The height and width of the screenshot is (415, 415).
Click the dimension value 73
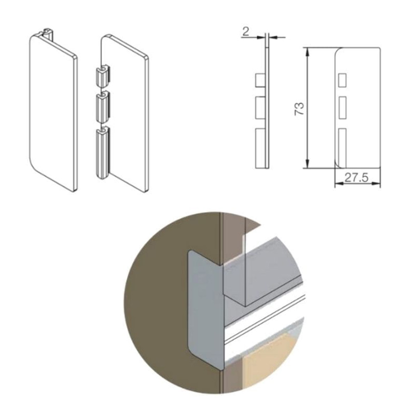pyautogui.click(x=299, y=108)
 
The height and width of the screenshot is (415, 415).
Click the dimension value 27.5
pyautogui.click(x=356, y=177)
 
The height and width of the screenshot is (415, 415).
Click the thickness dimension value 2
pyautogui.click(x=245, y=32)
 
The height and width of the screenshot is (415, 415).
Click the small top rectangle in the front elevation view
pyautogui.click(x=342, y=80)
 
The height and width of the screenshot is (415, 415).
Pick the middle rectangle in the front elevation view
pyautogui.click(x=342, y=108)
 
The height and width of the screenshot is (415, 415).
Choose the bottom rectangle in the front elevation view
pyautogui.click(x=342, y=148)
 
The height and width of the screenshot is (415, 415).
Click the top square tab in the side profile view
pyautogui.click(x=260, y=80)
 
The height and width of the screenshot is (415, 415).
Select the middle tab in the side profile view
pyautogui.click(x=260, y=108)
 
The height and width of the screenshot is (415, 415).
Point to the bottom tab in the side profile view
pyautogui.click(x=260, y=148)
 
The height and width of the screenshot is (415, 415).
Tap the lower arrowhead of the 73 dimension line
pyautogui.click(x=307, y=163)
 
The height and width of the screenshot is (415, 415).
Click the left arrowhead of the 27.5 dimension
pyautogui.click(x=339, y=183)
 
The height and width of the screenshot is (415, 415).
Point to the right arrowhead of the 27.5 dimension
pyautogui.click(x=376, y=183)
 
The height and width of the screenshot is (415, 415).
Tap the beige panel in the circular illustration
pyautogui.click(x=267, y=363)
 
